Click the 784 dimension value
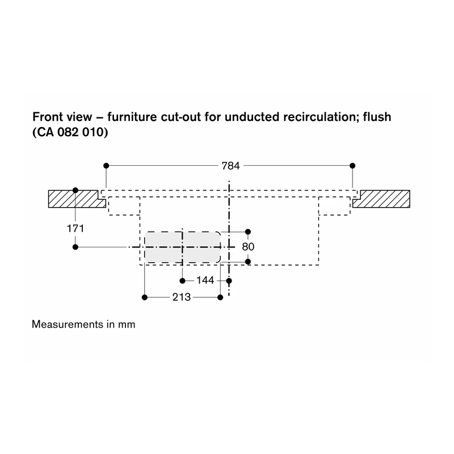(x=230, y=166)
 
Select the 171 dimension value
(x=75, y=229)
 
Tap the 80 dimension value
(x=248, y=247)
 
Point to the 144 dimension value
(x=205, y=280)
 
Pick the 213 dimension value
(x=182, y=297)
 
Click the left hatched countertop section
(x=76, y=199)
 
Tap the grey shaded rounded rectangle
(x=182, y=247)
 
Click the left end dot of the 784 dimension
(x=106, y=166)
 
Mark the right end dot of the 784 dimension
(x=352, y=166)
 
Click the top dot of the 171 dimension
(x=75, y=190)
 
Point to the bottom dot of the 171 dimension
(x=75, y=247)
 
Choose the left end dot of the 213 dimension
(x=145, y=297)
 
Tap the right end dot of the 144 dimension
(x=229, y=280)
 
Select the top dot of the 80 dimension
(x=248, y=232)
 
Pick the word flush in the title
(x=377, y=117)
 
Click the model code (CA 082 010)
(x=70, y=132)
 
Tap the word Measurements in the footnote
(x=68, y=324)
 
